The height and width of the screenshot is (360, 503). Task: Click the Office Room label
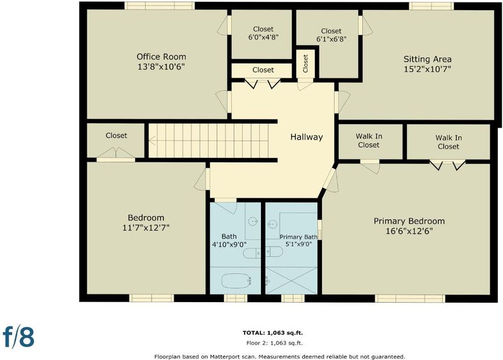pos(162,57)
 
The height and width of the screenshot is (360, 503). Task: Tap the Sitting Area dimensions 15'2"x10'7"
pos(428,69)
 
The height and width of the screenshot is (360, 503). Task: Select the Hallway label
pos(306,137)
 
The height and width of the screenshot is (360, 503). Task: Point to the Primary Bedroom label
pos(409,222)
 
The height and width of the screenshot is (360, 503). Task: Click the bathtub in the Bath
pos(236,281)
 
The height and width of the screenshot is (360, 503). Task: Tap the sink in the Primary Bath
pos(272,223)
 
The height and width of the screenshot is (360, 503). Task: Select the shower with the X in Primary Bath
pos(291,280)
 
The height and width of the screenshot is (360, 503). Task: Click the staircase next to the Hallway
pos(209,140)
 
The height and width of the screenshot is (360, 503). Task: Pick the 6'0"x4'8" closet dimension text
pos(263,37)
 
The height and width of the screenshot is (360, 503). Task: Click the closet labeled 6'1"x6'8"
pos(331,35)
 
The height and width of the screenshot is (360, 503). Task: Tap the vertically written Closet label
pos(305,64)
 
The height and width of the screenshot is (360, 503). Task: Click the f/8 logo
pos(19,336)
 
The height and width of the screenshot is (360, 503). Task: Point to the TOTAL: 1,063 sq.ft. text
pos(272,333)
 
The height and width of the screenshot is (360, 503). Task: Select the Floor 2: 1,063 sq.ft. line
pos(274,343)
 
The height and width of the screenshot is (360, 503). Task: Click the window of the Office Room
pos(160,6)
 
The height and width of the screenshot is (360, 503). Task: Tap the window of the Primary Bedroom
pos(410,299)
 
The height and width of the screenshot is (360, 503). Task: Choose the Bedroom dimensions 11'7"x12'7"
pos(146,228)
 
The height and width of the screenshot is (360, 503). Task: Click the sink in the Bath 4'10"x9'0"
pos(253,222)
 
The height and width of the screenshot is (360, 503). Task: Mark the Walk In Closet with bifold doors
pos(448,142)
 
